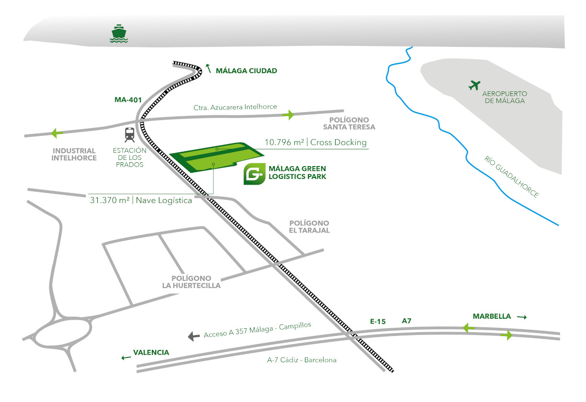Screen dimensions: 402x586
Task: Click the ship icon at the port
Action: click(x=118, y=34)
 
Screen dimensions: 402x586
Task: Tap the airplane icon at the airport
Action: click(x=474, y=86)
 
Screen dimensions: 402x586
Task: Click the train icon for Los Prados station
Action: click(x=129, y=134)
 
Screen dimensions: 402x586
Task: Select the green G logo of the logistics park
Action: click(x=254, y=174)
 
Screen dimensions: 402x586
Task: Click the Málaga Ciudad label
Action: click(x=246, y=70)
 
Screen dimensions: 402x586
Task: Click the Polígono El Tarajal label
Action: click(x=310, y=227)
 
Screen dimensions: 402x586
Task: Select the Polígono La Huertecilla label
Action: click(x=191, y=282)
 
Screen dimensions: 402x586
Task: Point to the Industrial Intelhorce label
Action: click(x=75, y=154)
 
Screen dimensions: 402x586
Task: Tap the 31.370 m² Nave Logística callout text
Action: click(x=141, y=201)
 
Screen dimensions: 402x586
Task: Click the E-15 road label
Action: click(x=378, y=322)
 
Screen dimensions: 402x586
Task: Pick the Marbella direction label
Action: click(x=492, y=316)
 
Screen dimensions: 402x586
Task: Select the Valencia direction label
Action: click(x=151, y=353)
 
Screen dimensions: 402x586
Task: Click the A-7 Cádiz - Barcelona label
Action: click(x=302, y=360)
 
